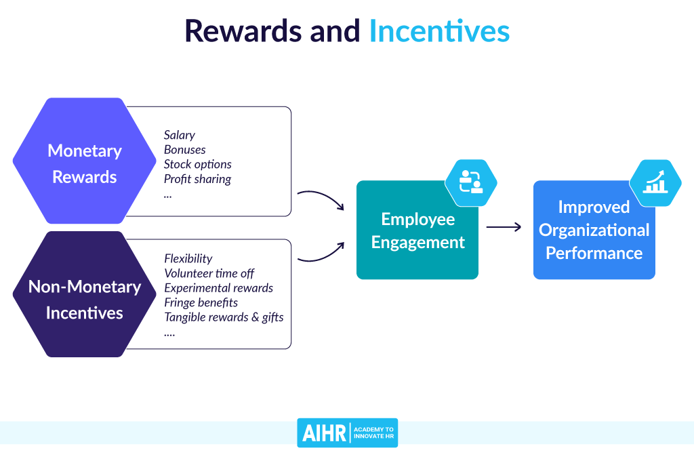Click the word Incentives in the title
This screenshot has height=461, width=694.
pyautogui.click(x=438, y=31)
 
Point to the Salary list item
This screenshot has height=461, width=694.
pyautogui.click(x=180, y=135)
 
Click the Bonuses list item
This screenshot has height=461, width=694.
pyautogui.click(x=184, y=149)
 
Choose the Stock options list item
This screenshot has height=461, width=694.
pyautogui.click(x=197, y=164)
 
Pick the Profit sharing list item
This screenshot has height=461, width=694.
pyautogui.click(x=197, y=179)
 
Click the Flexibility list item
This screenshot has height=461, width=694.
pyautogui.click(x=188, y=258)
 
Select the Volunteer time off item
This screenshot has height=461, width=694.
pyautogui.click(x=209, y=273)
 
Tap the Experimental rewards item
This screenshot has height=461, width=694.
pyautogui.click(x=218, y=288)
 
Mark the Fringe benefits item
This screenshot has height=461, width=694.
pyautogui.click(x=201, y=302)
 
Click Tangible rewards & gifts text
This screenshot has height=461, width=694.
pyautogui.click(x=224, y=317)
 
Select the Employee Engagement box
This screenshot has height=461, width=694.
pyautogui.click(x=417, y=230)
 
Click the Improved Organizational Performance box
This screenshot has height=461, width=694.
pyautogui.click(x=594, y=230)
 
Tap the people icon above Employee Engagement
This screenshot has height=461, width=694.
pyautogui.click(x=471, y=182)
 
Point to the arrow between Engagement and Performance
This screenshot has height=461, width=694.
pyautogui.click(x=504, y=227)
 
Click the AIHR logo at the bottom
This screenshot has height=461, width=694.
pyautogui.click(x=347, y=433)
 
